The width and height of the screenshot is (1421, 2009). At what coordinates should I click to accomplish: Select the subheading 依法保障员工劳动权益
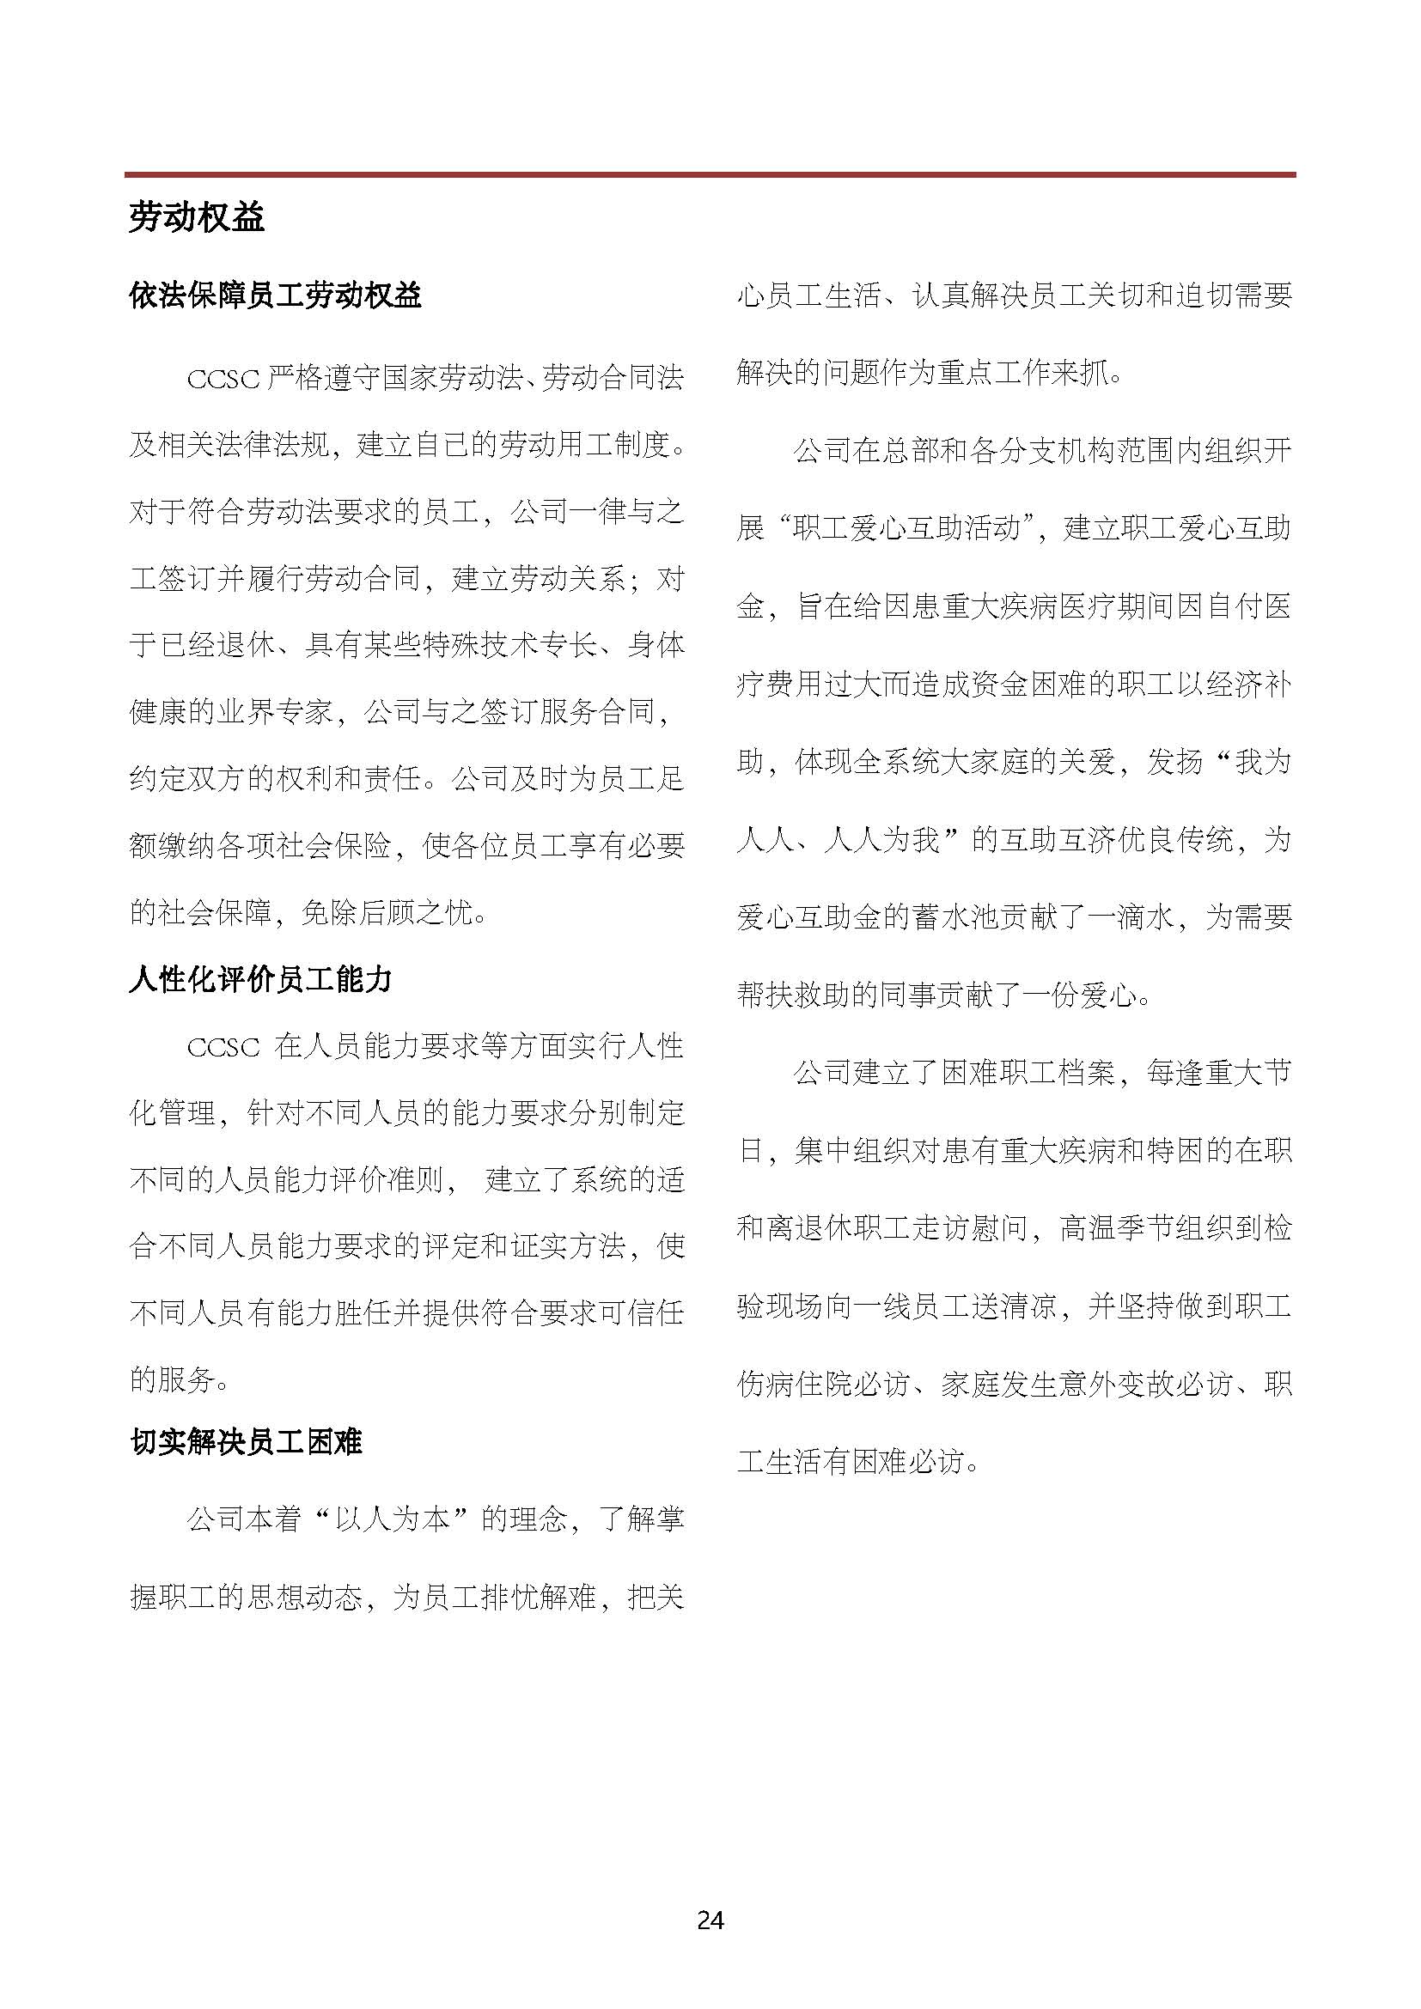coord(275,295)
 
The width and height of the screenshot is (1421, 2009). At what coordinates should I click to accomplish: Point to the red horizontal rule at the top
coord(710,175)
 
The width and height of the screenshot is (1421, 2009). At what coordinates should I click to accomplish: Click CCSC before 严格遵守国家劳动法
coord(223,379)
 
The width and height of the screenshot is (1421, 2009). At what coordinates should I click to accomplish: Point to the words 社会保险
coord(333,846)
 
